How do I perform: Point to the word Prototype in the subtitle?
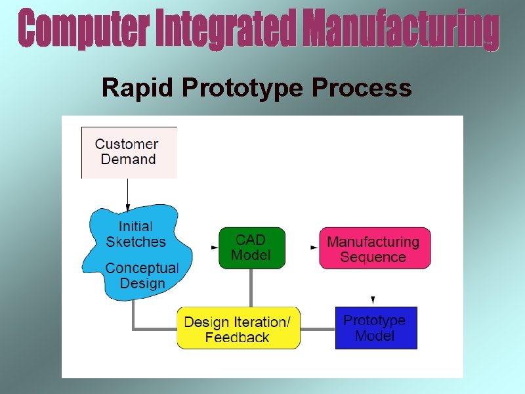click(243, 88)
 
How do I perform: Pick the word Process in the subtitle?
click(362, 88)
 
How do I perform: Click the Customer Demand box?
click(129, 152)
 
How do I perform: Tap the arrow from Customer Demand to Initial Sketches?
click(128, 193)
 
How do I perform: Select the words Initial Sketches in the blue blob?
click(136, 234)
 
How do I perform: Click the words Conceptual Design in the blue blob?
click(142, 276)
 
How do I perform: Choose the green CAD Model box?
click(251, 248)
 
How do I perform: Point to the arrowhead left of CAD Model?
click(215, 248)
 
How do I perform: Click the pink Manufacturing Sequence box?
click(375, 248)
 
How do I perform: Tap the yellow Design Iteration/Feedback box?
click(238, 328)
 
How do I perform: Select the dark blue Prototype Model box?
click(375, 327)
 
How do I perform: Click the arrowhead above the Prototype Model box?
click(373, 299)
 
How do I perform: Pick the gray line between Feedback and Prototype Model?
click(318, 328)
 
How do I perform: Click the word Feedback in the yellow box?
click(237, 338)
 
